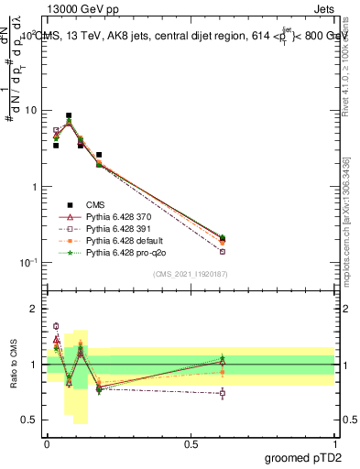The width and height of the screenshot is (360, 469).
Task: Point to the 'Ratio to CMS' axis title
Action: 14,365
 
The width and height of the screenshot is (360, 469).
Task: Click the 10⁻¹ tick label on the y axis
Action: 29,263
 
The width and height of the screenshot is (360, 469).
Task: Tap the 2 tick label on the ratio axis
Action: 35,309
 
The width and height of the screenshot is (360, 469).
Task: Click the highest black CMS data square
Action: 69,116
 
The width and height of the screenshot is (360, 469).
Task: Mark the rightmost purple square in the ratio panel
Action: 223,393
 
